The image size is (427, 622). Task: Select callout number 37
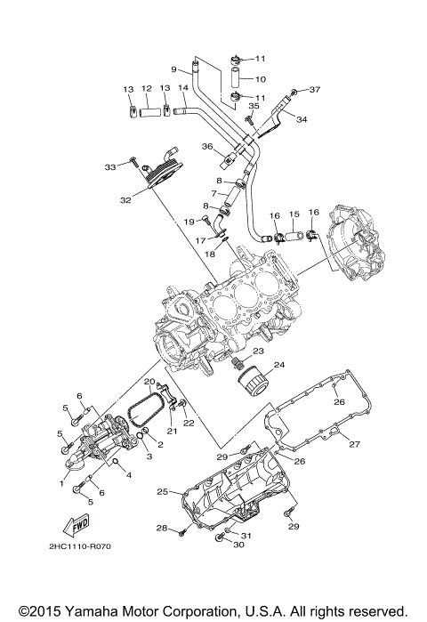[315, 90]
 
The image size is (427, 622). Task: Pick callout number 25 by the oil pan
[162, 491]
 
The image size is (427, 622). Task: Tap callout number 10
[261, 78]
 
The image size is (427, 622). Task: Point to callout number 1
[62, 483]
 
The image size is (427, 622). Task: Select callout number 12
[147, 89]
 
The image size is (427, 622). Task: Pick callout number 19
[188, 222]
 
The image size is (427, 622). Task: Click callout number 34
[301, 119]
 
